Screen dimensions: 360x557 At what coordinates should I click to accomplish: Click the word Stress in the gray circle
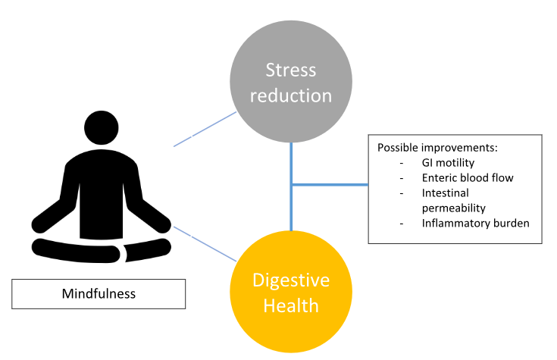[291, 71]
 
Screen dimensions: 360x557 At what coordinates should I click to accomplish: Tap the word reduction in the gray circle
[291, 96]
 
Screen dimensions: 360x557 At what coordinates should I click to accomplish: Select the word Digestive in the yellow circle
[291, 280]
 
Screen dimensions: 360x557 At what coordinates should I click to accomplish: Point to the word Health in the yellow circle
[291, 306]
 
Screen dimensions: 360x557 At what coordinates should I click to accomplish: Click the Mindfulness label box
[99, 293]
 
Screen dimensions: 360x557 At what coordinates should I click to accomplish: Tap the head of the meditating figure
[103, 127]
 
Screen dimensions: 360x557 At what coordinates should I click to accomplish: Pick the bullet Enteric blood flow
[468, 177]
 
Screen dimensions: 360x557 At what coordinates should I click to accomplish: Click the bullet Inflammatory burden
[475, 223]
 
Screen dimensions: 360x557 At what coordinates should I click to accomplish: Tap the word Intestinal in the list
[447, 193]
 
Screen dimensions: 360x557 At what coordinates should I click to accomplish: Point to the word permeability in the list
[454, 207]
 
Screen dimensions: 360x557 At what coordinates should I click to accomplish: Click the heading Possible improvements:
[432, 146]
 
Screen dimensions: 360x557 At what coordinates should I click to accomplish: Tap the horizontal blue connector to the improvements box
[330, 184]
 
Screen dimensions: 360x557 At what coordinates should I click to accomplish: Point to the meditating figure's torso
[103, 182]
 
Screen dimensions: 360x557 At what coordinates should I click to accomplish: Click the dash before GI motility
[402, 163]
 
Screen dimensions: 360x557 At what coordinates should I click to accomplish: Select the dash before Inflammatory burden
[402, 224]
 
